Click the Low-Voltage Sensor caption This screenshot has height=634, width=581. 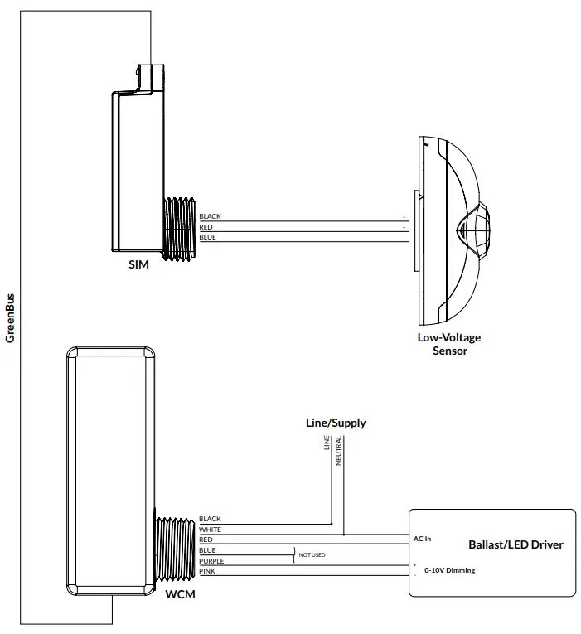point(449,344)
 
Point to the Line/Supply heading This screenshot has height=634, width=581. point(336,423)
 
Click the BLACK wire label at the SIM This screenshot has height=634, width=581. point(210,216)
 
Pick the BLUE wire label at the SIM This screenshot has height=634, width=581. point(207,237)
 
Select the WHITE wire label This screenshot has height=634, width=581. point(210,530)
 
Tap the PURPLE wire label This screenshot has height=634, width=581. point(211,561)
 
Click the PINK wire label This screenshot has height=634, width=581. point(206,571)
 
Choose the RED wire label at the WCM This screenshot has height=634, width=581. point(206,540)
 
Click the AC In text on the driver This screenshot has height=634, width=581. point(422,539)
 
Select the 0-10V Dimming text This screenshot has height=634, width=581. point(449,570)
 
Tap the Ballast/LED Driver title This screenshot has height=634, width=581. point(516,544)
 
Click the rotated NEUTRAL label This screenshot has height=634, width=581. point(339,451)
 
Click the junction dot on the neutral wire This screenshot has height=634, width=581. point(344,535)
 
